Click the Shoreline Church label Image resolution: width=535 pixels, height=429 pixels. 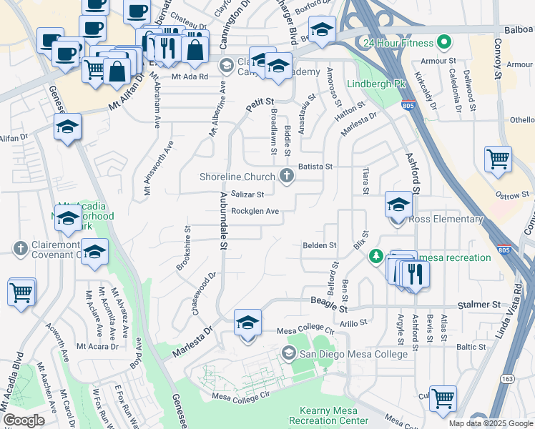point(237,177)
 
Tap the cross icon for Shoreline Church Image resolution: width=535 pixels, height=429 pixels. point(288,176)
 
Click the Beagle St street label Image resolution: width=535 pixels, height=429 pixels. point(329,308)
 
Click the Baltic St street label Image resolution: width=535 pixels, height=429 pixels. point(471,347)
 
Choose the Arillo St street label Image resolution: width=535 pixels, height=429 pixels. point(353,324)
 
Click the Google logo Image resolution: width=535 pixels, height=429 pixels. point(23,420)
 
